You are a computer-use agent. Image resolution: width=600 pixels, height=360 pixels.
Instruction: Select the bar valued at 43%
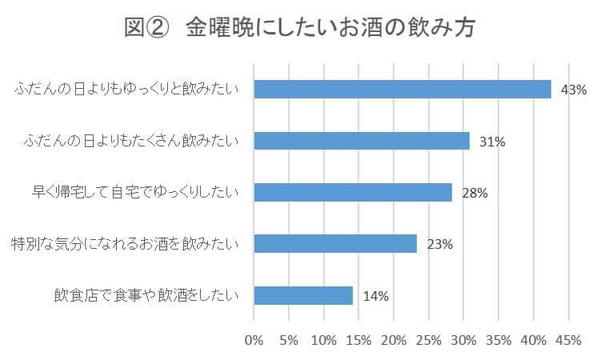(402, 89)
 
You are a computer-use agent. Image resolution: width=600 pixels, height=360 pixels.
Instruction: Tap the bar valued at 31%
(362, 141)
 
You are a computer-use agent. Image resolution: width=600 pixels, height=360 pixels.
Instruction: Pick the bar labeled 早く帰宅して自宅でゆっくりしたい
(353, 192)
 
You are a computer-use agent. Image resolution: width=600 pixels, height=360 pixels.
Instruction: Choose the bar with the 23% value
(335, 243)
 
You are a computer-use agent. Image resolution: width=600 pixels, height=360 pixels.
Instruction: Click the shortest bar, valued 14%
(303, 295)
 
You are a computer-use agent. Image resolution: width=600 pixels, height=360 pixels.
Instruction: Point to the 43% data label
(574, 90)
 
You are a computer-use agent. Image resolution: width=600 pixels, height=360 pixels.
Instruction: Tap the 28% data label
(474, 193)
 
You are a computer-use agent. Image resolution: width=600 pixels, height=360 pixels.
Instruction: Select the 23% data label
(440, 244)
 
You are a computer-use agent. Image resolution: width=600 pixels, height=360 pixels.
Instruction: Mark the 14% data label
(376, 296)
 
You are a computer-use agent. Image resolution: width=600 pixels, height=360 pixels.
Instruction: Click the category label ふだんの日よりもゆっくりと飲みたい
(126, 90)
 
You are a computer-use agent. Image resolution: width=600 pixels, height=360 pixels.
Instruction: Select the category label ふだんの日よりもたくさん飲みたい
(132, 142)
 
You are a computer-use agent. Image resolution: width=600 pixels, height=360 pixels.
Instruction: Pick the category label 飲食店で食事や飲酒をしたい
(144, 296)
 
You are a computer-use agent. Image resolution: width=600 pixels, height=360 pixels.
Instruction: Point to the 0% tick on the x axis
(254, 340)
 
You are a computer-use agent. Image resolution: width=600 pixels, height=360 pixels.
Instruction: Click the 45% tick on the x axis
(568, 340)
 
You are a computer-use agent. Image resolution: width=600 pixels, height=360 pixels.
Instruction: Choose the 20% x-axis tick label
(394, 340)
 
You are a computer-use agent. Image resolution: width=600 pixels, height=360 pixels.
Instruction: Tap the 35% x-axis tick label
(498, 340)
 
